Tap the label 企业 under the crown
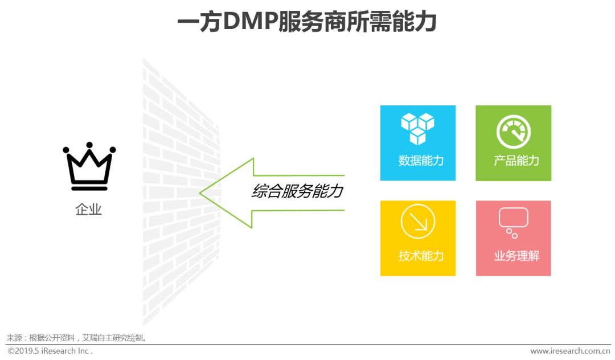[89, 209]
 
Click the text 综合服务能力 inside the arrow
[297, 191]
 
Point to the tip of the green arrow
[201, 193]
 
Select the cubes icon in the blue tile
[417, 128]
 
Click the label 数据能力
[421, 161]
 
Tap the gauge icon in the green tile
[513, 132]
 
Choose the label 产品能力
[516, 161]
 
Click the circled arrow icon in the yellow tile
[417, 222]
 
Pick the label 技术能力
[421, 256]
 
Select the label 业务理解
[516, 256]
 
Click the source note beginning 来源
[77, 337]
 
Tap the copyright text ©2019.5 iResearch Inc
[50, 351]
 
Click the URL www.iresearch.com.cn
[569, 351]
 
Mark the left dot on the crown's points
[66, 150]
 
